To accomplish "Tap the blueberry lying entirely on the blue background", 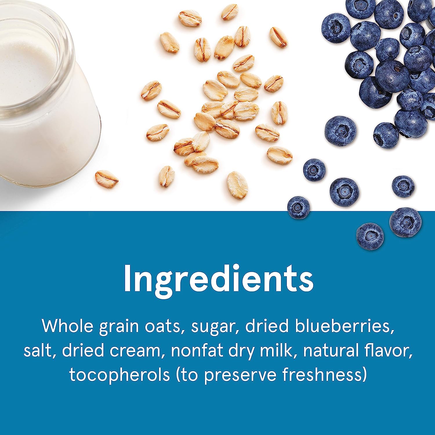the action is [370, 236].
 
